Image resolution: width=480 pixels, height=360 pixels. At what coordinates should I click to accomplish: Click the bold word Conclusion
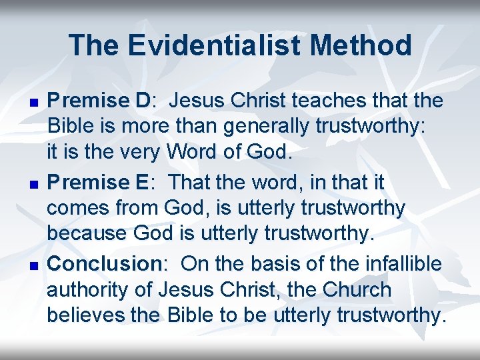tap(104, 263)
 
